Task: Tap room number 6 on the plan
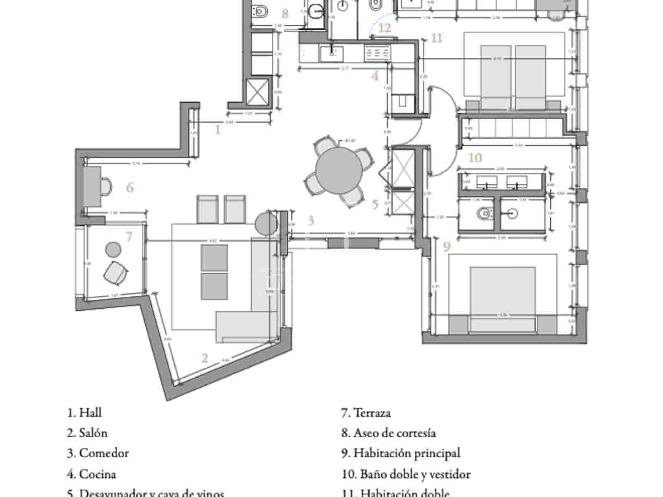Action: pos(130,188)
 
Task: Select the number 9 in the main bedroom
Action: pos(446,247)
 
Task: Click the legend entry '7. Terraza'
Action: pos(366,413)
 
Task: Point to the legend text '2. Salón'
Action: pos(87,433)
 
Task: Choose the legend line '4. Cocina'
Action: pos(92,474)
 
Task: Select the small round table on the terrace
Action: pos(113,249)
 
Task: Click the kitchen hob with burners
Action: pos(377,53)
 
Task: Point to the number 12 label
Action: pos(385,28)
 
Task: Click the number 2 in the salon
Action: pos(205,358)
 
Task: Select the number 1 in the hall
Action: pos(218,130)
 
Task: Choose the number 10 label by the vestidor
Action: pos(475,158)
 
